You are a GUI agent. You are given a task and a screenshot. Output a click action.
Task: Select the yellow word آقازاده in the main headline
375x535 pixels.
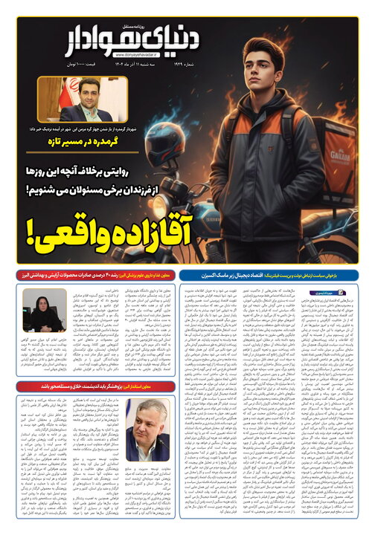click(149, 227)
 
